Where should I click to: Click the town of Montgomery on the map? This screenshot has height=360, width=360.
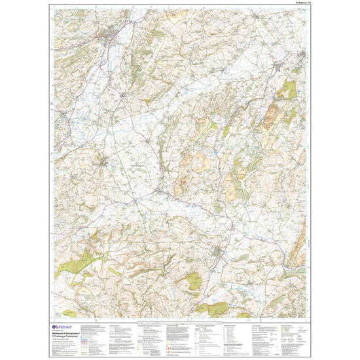coord(104,162)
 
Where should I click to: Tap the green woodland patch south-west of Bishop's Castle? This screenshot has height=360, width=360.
coord(194,281)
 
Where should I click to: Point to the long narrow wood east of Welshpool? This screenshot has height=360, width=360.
coord(138,62)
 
